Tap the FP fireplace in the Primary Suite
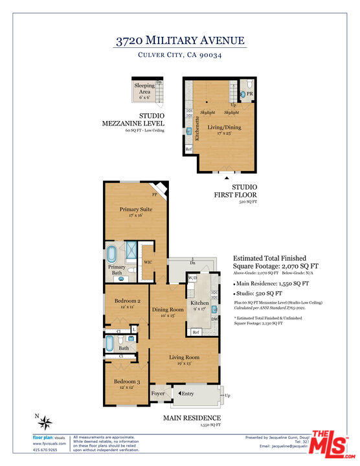point(155,193)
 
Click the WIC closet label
point(148,261)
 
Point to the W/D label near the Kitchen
point(192,277)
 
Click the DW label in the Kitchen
point(214,318)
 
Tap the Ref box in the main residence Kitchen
point(196,332)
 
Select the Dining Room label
point(168,309)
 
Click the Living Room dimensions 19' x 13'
point(184,364)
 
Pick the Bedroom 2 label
point(127,301)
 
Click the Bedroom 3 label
point(127,382)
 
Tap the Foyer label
point(159,393)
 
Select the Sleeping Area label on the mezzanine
point(144,89)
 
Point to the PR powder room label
point(249,94)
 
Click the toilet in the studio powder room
point(242,94)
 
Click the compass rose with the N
point(46,423)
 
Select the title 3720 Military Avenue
point(180,41)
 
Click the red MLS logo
point(331,446)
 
